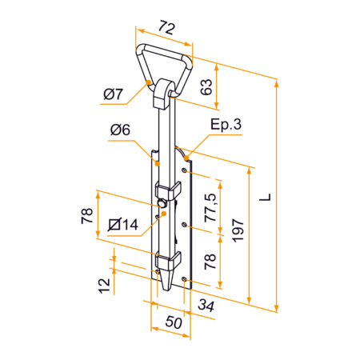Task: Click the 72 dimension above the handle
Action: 167,28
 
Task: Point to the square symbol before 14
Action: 113,225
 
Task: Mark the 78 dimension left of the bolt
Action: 87,215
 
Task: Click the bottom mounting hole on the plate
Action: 186,278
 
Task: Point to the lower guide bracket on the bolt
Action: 168,260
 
